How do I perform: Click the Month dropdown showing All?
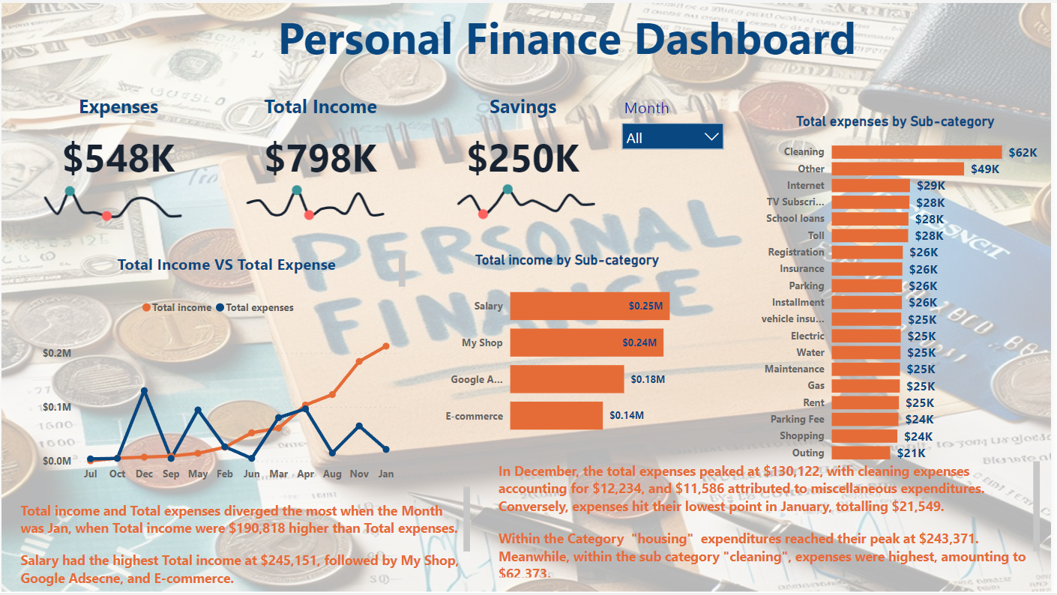(672, 137)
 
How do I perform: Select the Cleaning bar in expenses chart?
(916, 152)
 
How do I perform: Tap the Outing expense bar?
(861, 453)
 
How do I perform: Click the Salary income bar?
(589, 306)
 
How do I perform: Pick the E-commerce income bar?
(556, 415)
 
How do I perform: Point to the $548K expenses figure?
(118, 158)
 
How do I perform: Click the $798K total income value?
(320, 158)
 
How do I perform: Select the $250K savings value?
(523, 158)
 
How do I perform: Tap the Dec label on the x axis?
(144, 474)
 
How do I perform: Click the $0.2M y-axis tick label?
(57, 353)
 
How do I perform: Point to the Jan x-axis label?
(386, 474)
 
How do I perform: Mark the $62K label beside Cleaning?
(1023, 153)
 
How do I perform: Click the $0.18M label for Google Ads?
(648, 379)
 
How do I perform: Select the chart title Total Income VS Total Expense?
(226, 265)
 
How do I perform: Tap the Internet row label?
(805, 185)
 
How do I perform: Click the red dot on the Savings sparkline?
(483, 214)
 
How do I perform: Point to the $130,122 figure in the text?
(794, 472)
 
